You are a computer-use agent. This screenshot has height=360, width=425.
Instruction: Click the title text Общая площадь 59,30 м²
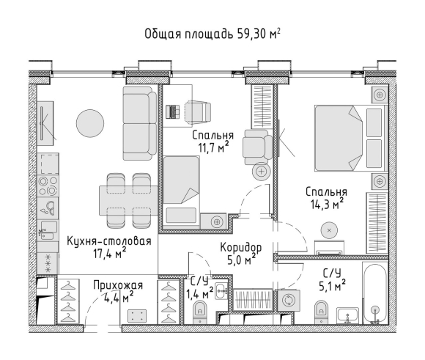pyautogui.click(x=212, y=34)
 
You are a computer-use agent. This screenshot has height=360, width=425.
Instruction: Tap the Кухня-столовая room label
pyautogui.click(x=109, y=241)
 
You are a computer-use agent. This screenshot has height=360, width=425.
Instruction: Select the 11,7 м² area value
pyautogui.click(x=213, y=147)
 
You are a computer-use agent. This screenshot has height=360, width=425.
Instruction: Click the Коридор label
pyautogui.click(x=241, y=248)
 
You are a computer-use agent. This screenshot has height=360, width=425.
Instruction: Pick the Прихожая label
pyautogui.click(x=118, y=285)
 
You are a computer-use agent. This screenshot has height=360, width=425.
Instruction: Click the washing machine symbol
pyautogui.click(x=287, y=301)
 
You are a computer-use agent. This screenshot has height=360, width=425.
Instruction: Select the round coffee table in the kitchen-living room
pyautogui.click(x=90, y=123)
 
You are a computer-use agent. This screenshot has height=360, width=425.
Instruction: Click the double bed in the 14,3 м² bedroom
pyautogui.click(x=351, y=139)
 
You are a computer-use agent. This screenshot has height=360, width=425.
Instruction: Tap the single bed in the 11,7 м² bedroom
pyautogui.click(x=181, y=191)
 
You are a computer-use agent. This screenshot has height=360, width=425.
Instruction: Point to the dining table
pyautogui.click(x=128, y=201)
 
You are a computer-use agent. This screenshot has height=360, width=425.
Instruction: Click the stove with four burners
pyautogui.click(x=48, y=185)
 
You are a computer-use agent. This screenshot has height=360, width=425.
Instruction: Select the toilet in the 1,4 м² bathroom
pyautogui.click(x=200, y=312)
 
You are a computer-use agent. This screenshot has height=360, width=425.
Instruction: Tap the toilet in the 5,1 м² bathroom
pyautogui.click(x=322, y=312)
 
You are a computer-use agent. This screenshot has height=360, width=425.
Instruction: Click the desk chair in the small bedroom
pyautogui.click(x=198, y=111)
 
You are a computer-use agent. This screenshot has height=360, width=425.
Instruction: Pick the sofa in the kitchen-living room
pyautogui.click(x=139, y=123)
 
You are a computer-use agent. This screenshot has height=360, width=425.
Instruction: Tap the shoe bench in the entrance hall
pyautogui.click(x=137, y=316)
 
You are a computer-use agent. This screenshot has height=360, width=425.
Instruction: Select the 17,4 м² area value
pyautogui.click(x=109, y=254)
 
